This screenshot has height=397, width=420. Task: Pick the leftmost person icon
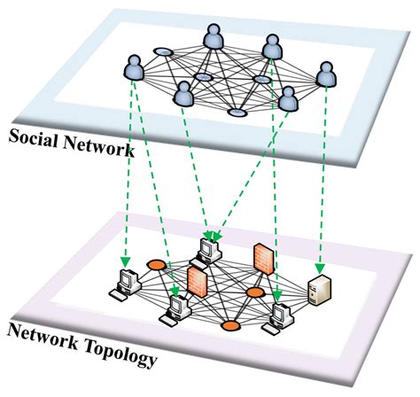[x=134, y=67]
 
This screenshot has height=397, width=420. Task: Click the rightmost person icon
[x=326, y=74]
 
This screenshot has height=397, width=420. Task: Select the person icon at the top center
[x=212, y=38]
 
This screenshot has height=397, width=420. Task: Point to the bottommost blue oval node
[x=237, y=113]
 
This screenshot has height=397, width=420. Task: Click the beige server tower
[x=318, y=288]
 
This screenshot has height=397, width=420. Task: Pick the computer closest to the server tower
[x=282, y=314]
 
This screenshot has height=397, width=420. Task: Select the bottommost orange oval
[x=231, y=326]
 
